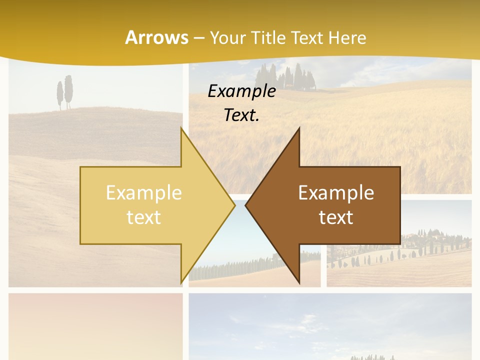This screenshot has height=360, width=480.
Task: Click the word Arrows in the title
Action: [x=156, y=37]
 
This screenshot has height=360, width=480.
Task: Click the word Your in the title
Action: [x=227, y=37]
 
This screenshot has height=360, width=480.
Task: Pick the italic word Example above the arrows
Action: [x=241, y=91]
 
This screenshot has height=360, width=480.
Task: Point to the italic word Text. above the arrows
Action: [x=241, y=115]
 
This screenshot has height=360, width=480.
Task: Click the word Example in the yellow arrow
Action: [x=143, y=193]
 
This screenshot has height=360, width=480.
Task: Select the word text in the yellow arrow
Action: [x=143, y=217]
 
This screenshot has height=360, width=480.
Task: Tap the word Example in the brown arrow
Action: [x=336, y=193]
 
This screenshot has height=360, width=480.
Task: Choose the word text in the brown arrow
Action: [x=336, y=217]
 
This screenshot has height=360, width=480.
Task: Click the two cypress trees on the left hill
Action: [x=64, y=92]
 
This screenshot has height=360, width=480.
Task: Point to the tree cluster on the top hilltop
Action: [x=285, y=77]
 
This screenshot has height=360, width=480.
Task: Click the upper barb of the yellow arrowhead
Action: [x=182, y=131]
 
